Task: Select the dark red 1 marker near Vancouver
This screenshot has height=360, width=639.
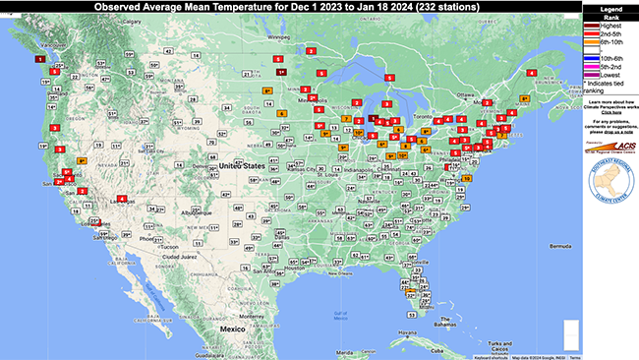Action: (x=38, y=59)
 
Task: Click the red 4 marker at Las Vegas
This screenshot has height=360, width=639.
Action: (x=121, y=200)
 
